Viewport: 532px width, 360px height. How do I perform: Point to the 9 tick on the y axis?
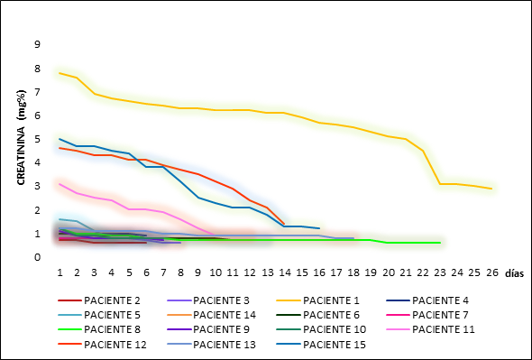pos(37,44)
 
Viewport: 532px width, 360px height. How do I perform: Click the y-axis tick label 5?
pos(37,139)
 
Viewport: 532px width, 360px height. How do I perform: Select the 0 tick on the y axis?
pos(37,257)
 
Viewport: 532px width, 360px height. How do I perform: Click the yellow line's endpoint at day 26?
pos(491,189)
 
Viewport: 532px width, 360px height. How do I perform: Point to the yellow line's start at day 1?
pos(60,73)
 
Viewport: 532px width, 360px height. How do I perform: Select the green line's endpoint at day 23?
pos(439,243)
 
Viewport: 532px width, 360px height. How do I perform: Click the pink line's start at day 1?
pos(60,184)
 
